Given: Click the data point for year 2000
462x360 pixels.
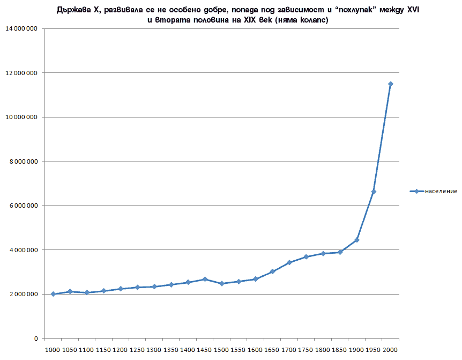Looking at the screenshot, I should click(391, 84).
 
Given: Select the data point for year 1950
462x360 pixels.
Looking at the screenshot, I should click(374, 192).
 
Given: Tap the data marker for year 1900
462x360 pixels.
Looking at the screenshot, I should click(356, 240).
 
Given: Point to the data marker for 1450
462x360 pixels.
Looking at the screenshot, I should click(205, 279).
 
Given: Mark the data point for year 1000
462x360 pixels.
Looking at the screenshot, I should click(53, 294).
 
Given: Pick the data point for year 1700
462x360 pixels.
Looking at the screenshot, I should click(289, 262).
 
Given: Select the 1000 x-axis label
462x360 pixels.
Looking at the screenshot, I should click(53, 349).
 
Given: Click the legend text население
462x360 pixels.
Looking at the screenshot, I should click(441, 191).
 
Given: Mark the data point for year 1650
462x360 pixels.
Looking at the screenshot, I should click(272, 271).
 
